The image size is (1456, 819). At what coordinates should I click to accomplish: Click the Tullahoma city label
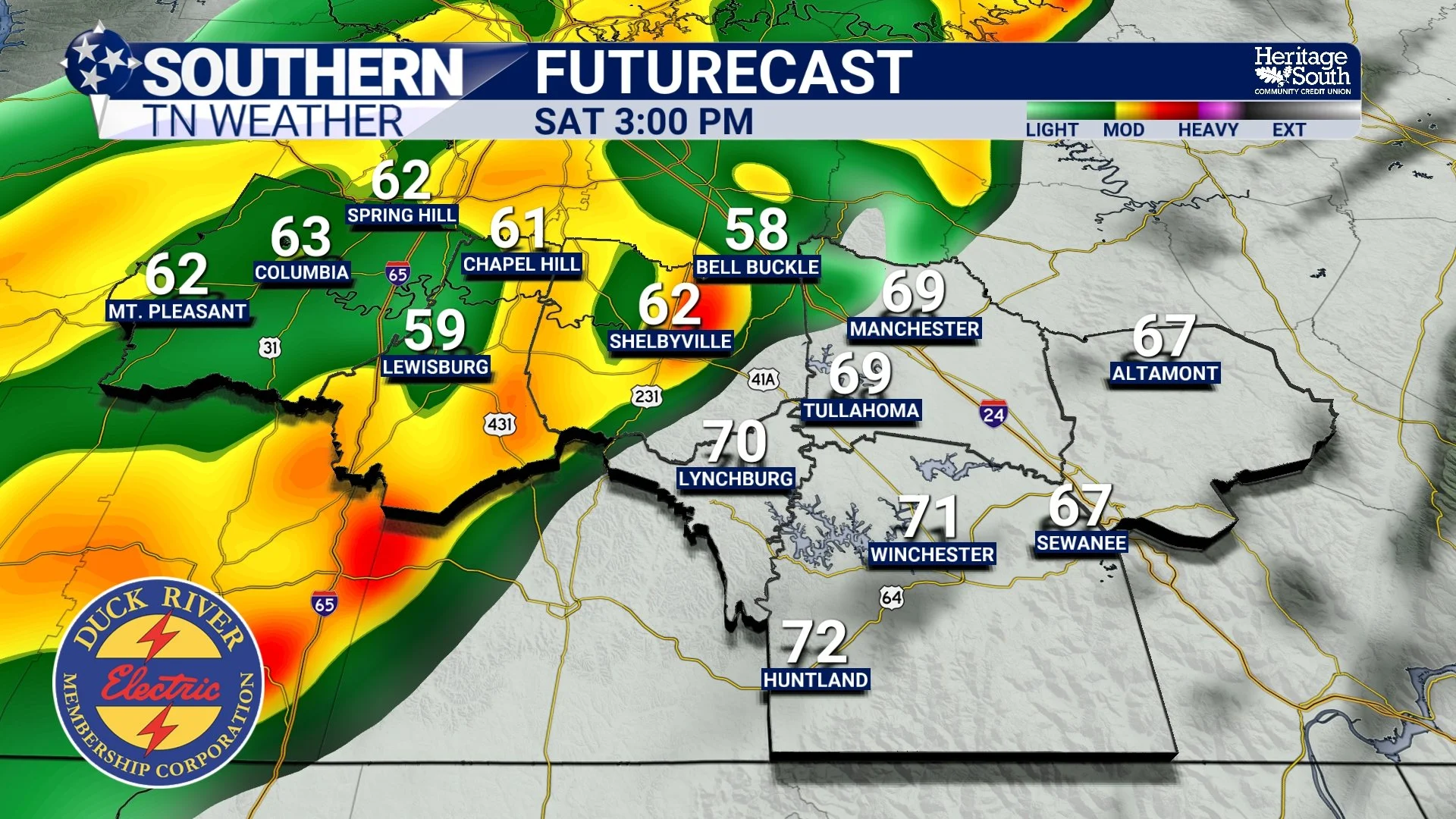861,410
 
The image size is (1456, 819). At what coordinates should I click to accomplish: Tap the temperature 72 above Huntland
814,642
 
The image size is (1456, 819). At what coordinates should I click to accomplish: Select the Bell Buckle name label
757,267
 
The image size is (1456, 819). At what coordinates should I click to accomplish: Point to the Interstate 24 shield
993,413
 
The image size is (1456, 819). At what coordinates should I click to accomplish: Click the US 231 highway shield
646,396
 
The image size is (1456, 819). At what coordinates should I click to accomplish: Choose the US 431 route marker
500,424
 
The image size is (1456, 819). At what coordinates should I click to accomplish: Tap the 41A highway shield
763,379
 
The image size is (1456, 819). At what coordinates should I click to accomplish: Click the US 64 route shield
892,598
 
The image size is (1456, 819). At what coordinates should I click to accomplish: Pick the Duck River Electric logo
158,682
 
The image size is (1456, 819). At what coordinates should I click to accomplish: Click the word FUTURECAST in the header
723,73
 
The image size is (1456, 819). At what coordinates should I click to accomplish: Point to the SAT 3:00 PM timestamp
644,122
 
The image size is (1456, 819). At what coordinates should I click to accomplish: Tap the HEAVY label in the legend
1207,130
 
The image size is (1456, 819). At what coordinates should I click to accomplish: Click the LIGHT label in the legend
1051,130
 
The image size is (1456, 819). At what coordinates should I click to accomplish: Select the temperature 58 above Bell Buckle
756,230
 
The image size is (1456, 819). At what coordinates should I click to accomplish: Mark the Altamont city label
1165,373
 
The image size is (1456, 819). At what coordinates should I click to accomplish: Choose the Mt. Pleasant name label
177,312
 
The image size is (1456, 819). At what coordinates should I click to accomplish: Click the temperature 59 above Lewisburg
435,330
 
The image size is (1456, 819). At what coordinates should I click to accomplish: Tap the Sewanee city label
1081,543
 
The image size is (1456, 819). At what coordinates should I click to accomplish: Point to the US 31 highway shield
270,347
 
